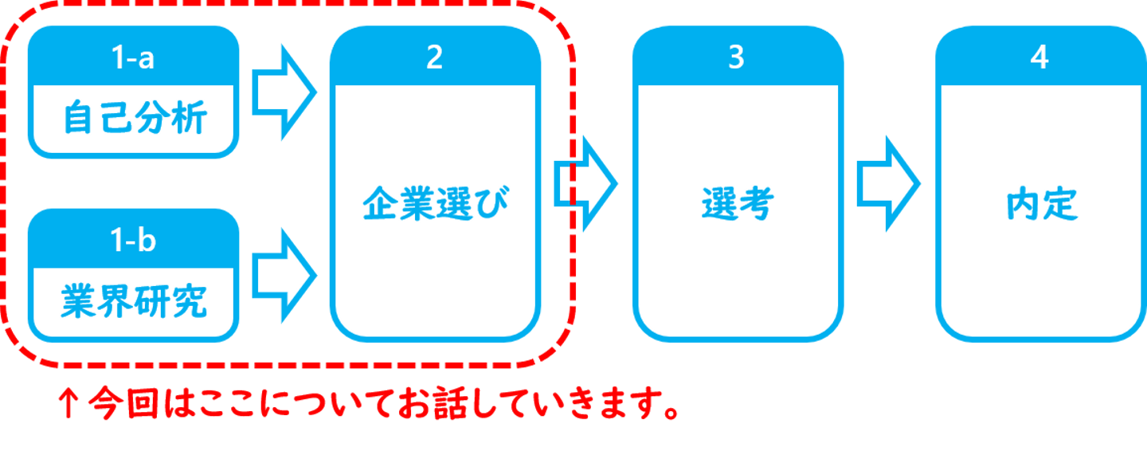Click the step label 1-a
134,59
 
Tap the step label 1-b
134,241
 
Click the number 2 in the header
434,58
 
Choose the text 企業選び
435,205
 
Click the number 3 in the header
736,58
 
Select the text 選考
737,205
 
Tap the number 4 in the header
1039,58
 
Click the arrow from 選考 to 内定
889,183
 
